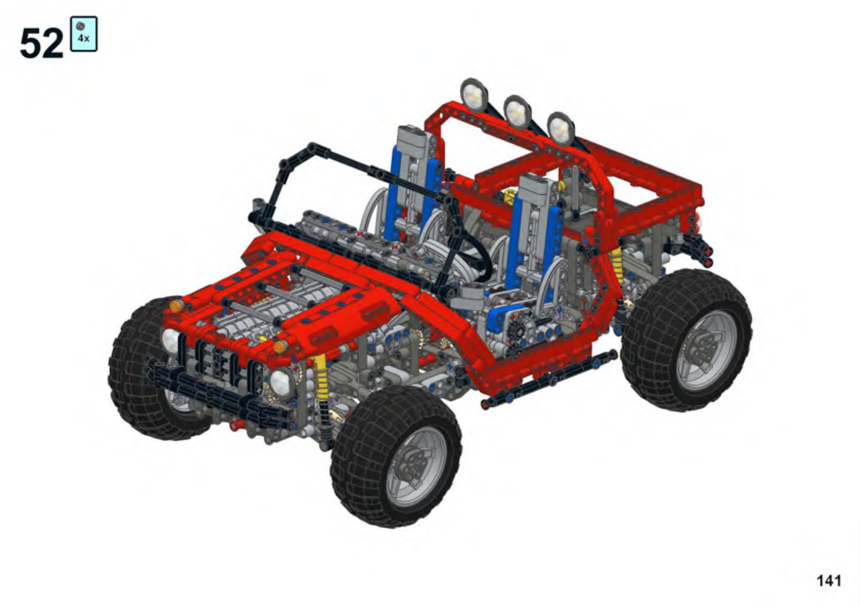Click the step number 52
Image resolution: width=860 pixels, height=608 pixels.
42,43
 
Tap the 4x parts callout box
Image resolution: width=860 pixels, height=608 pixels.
84,34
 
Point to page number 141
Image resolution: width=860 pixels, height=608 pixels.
829,581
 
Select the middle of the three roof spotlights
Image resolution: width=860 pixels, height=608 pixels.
517,112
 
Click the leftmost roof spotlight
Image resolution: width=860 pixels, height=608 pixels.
474,95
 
